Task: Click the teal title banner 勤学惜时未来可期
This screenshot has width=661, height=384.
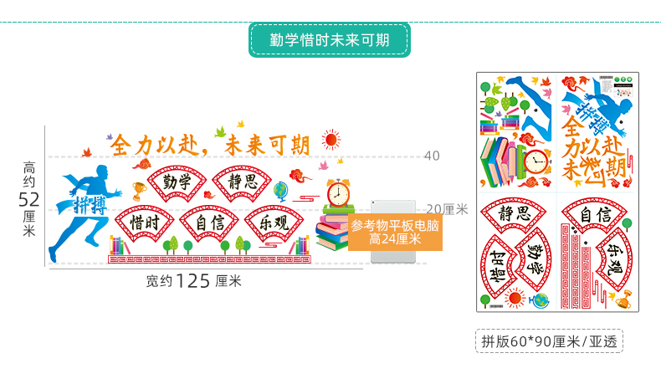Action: [x=329, y=39]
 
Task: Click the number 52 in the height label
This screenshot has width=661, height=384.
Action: [x=29, y=199]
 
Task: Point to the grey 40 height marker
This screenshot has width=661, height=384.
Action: [x=432, y=156]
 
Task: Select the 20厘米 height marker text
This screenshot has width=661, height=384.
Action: [x=447, y=209]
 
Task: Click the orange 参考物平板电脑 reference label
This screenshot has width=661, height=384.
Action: [x=395, y=232]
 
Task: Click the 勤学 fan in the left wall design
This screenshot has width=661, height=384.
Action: [x=177, y=183]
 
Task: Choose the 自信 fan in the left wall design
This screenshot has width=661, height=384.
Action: [x=209, y=224]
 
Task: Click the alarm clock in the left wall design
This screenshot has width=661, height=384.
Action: [x=338, y=192]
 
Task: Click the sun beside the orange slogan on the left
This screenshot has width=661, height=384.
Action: [x=330, y=139]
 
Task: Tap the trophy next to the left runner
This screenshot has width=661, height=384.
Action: [x=138, y=191]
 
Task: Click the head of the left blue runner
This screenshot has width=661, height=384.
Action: [x=102, y=172]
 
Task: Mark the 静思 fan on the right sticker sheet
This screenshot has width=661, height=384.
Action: [x=511, y=215]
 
